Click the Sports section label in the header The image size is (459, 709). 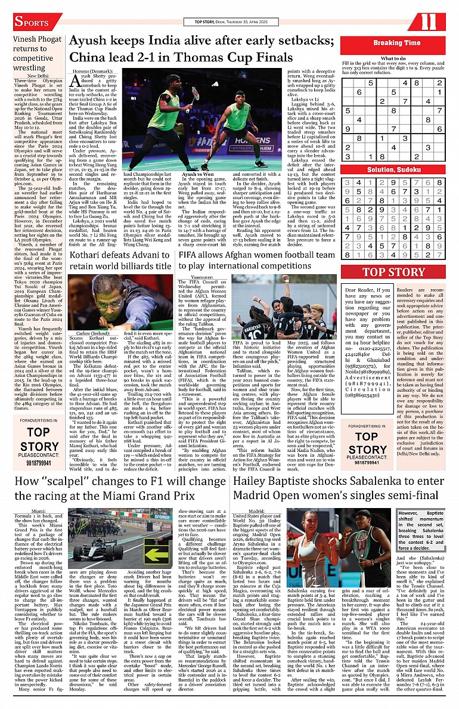(31, 23)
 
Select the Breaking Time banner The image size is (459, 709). (396, 43)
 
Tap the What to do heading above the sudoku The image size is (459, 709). (393, 58)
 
